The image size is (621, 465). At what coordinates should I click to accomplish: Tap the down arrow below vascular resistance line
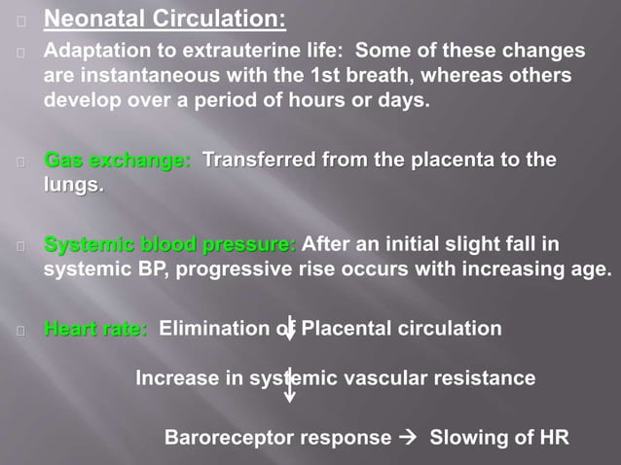pos(290,384)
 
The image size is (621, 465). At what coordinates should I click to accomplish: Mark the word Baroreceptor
pos(232,437)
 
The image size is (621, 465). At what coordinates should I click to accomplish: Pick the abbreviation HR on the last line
pos(552,437)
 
